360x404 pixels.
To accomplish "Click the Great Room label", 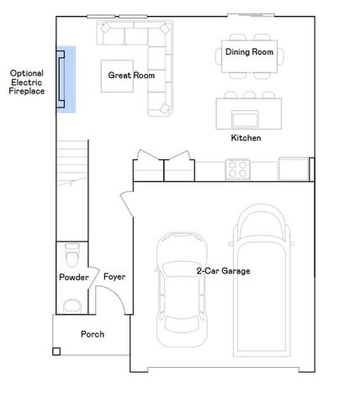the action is point(131,75).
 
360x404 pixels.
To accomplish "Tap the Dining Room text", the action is point(249,52).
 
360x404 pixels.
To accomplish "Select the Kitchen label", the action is point(246,138).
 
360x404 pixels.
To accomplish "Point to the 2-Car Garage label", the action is point(223,271).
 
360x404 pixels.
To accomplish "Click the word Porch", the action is point(93,334).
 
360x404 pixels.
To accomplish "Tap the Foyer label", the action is point(114,277).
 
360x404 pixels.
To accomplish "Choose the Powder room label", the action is point(74,277).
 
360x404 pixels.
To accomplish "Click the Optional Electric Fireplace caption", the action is point(27,82).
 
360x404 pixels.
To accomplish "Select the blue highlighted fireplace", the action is point(66,79).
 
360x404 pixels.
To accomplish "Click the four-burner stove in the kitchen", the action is point(237,169).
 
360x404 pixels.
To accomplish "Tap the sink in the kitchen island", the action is point(245,119).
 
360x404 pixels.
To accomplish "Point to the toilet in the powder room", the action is point(72,255).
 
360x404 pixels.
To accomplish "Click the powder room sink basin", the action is point(72,306).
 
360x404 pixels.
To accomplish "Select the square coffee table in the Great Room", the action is point(117,76).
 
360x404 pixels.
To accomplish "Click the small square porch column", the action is point(56,352).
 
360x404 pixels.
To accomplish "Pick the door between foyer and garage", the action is point(127,204).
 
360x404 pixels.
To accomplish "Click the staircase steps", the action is point(72,162).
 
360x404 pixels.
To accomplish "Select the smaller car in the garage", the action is point(182,290).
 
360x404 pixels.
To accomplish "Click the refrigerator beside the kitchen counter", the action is point(294,169).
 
